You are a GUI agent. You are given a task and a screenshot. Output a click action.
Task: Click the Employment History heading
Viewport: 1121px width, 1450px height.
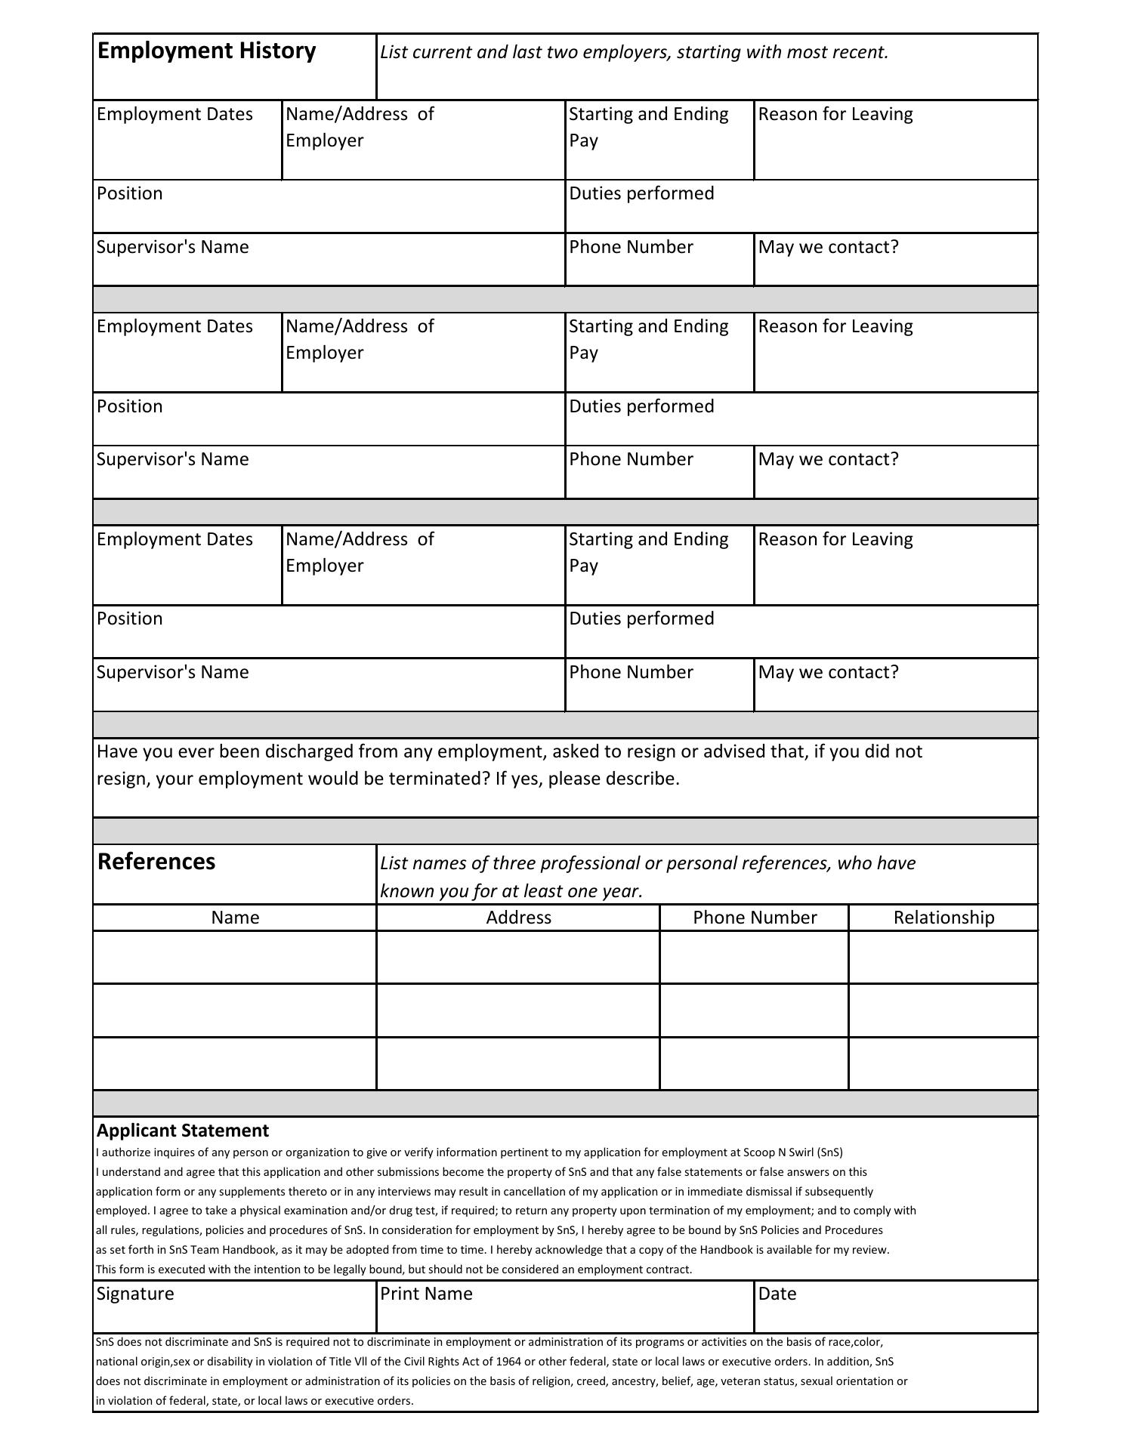click(206, 51)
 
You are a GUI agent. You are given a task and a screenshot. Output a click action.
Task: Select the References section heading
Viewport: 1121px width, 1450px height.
click(156, 862)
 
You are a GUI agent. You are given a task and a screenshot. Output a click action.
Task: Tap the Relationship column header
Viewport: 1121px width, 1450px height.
click(943, 918)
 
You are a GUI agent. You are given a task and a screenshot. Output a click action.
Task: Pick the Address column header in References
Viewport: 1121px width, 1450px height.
click(518, 918)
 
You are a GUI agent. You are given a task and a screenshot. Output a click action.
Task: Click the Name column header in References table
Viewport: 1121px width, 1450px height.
click(235, 918)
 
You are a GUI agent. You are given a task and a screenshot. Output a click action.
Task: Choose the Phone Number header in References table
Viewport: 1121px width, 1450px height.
click(755, 918)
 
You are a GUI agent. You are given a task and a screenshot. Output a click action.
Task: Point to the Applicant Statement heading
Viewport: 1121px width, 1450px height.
click(182, 1131)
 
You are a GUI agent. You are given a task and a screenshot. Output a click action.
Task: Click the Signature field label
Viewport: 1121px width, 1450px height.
click(135, 1294)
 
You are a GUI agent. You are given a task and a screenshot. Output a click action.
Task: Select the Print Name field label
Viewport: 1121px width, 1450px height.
click(426, 1294)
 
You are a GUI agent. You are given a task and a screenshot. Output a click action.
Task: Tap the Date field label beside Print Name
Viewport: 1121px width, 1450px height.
click(777, 1294)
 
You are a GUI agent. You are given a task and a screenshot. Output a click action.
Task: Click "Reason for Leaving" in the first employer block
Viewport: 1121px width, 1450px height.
click(835, 114)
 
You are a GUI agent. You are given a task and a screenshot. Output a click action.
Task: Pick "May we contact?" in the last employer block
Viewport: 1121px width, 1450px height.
click(829, 672)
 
